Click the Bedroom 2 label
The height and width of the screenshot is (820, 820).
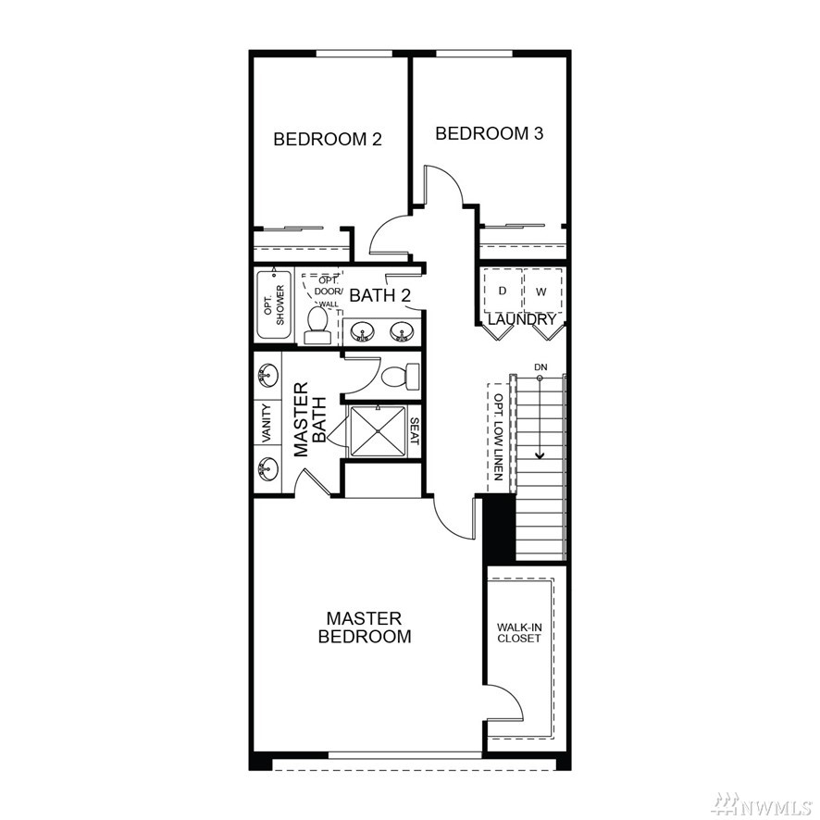pos(328,139)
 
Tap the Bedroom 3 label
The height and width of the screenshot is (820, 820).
pos(490,133)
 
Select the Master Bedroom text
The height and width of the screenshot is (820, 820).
pos(365,627)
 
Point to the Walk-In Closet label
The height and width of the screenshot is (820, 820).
pos(519,633)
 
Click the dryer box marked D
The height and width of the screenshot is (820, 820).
pos(503,291)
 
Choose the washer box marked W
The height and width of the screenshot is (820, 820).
pos(542,291)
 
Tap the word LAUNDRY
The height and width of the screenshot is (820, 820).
pos(522,319)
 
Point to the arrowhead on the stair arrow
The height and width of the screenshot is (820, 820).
pos(540,455)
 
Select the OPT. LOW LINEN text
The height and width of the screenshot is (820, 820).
pos(498,437)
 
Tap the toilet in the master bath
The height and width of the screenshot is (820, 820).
pos(401,376)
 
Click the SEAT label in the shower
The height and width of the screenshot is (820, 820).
pos(415,431)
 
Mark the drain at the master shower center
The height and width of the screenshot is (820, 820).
pos(378,431)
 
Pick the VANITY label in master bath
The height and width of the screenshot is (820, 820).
pos(267,423)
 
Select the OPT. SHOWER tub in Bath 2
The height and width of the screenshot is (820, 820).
pos(274,304)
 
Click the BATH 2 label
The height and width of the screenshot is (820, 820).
pos(379,295)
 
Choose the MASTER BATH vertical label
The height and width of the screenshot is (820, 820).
pos(310,419)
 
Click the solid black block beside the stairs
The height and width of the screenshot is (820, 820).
pos(498,528)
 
